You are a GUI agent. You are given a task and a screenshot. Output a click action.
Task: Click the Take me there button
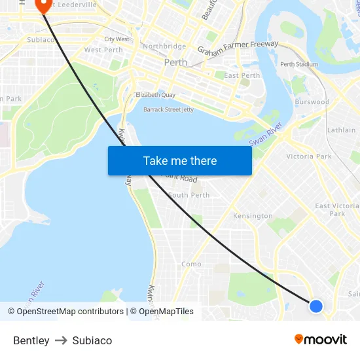pos(180,161)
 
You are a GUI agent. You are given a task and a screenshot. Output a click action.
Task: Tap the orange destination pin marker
pos(44,5)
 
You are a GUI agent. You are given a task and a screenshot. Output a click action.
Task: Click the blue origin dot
pos(315,306)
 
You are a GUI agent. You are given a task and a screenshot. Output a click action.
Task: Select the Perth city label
pos(175,63)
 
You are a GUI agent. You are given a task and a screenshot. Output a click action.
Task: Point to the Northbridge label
pos(164,46)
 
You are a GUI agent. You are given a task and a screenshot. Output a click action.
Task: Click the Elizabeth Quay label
pos(156,95)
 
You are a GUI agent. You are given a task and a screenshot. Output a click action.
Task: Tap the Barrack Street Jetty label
pos(169,109)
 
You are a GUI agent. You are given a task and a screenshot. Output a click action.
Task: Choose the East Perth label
pos(242,75)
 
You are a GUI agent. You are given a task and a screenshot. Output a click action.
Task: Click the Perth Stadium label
pos(299,64)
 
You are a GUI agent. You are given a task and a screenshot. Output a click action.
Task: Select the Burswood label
pos(312,102)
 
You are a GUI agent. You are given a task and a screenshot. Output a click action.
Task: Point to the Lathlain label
pos(342,130)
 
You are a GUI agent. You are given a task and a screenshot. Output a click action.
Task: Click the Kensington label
pos(253,216)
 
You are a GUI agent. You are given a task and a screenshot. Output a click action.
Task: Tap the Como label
pos(191,264)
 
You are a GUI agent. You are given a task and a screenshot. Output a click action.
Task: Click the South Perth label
pos(189,195)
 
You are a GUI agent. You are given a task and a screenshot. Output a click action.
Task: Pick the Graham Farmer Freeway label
pos(238,48)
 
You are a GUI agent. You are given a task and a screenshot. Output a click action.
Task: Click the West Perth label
pos(103,50)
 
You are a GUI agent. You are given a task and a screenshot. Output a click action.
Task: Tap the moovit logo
pos(321,340)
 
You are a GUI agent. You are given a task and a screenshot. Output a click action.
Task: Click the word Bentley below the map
pos(31,340)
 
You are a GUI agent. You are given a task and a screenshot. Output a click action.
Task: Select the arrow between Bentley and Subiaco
pos(61,340)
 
